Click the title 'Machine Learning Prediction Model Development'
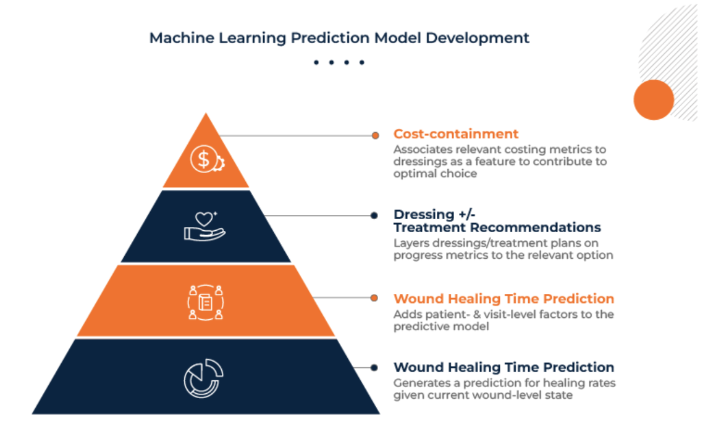click(x=339, y=38)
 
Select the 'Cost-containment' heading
click(x=456, y=134)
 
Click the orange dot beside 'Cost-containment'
click(x=375, y=135)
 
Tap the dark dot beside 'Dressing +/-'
click(x=374, y=215)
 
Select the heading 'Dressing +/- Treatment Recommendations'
click(x=497, y=221)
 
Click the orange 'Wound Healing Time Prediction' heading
click(x=504, y=299)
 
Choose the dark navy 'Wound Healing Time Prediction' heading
click(x=504, y=368)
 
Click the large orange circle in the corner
click(x=653, y=99)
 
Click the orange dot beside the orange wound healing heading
click(x=374, y=298)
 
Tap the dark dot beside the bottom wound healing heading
click(x=374, y=368)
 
